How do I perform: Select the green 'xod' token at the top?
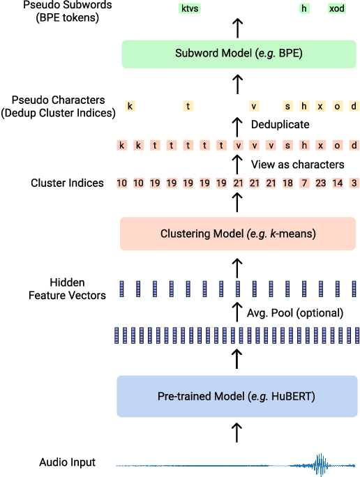pos(337,8)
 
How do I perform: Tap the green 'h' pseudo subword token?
pos(304,8)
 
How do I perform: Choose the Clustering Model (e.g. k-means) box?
pos(238,234)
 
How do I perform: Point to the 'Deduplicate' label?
pos(280,125)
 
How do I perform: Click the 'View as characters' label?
pos(297,165)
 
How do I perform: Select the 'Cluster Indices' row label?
pos(67,183)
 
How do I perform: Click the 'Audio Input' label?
pos(67,462)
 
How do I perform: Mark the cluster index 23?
pos(321,183)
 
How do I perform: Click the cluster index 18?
pos(287,183)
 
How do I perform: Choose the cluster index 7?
pos(304,183)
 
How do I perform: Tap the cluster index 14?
pos(338,183)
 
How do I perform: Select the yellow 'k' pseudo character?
pos(130,106)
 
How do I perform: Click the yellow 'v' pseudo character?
pos(254,106)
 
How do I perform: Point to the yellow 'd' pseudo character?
pos(354,106)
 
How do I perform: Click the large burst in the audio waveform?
pos(320,463)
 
